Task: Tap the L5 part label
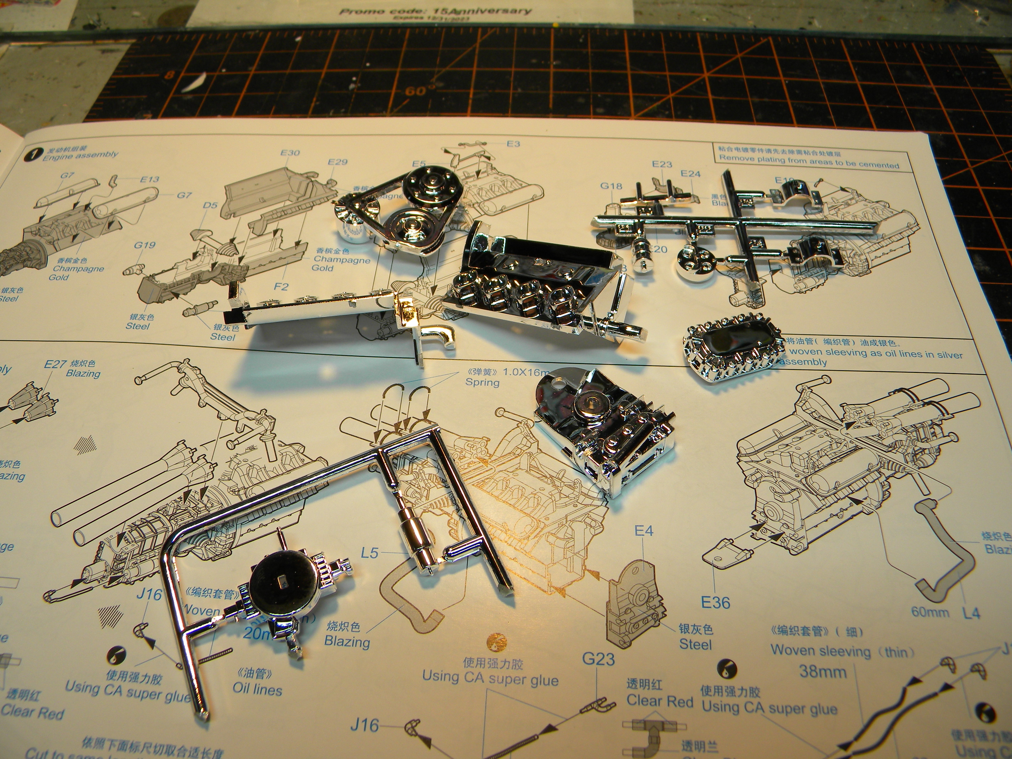(x=370, y=553)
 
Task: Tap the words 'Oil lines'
(x=257, y=689)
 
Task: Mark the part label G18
(x=611, y=186)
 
